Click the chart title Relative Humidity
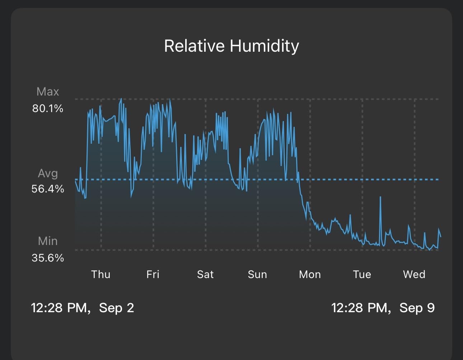click(x=231, y=46)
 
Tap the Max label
click(x=48, y=92)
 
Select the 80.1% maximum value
click(x=48, y=109)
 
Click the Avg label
click(x=48, y=174)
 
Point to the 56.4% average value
click(x=48, y=189)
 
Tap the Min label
click(x=48, y=241)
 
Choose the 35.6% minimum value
click(x=48, y=258)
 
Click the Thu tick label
click(x=101, y=274)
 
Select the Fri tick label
click(x=153, y=274)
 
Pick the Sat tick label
click(x=205, y=274)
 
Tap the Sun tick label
click(x=257, y=274)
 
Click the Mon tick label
click(x=310, y=274)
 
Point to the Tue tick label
click(x=362, y=274)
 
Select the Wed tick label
click(x=414, y=274)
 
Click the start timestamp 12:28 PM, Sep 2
click(x=83, y=308)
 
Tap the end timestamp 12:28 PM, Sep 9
click(x=383, y=308)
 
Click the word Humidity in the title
click(x=265, y=46)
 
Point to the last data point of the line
click(x=441, y=236)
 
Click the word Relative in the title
click(x=194, y=46)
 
